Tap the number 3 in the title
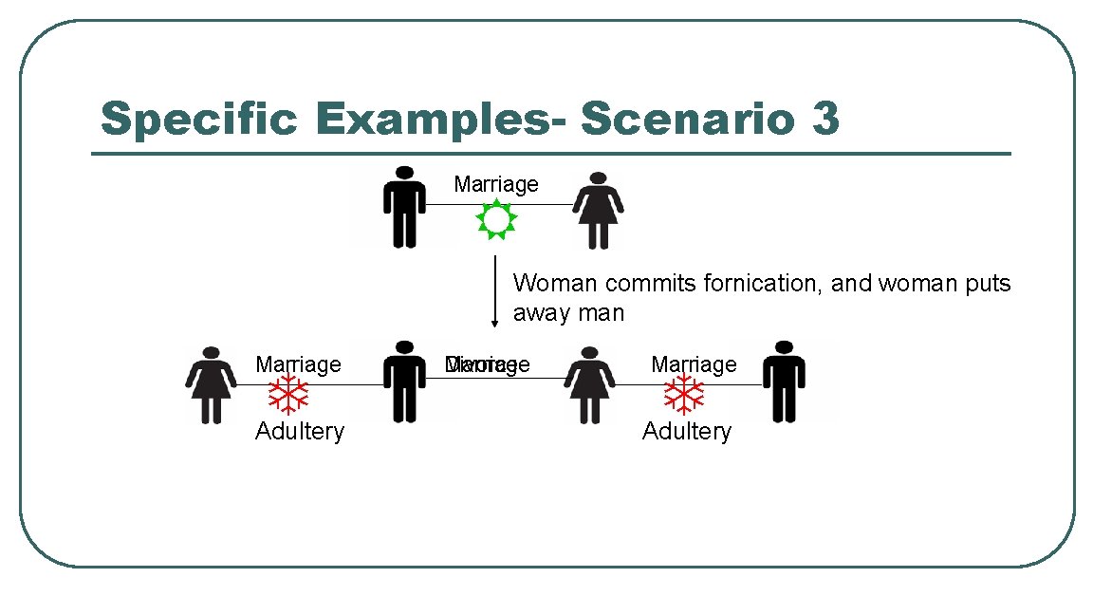coord(824,120)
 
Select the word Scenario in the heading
coord(682,120)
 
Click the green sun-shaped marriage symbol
coord(495,220)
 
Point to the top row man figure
coord(404,206)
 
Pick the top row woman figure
coord(598,210)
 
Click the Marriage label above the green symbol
coord(495,184)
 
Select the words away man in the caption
coord(568,313)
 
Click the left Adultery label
coord(299,432)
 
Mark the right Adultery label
coord(686,432)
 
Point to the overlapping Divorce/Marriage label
coord(487,365)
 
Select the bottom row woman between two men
coord(589,384)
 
